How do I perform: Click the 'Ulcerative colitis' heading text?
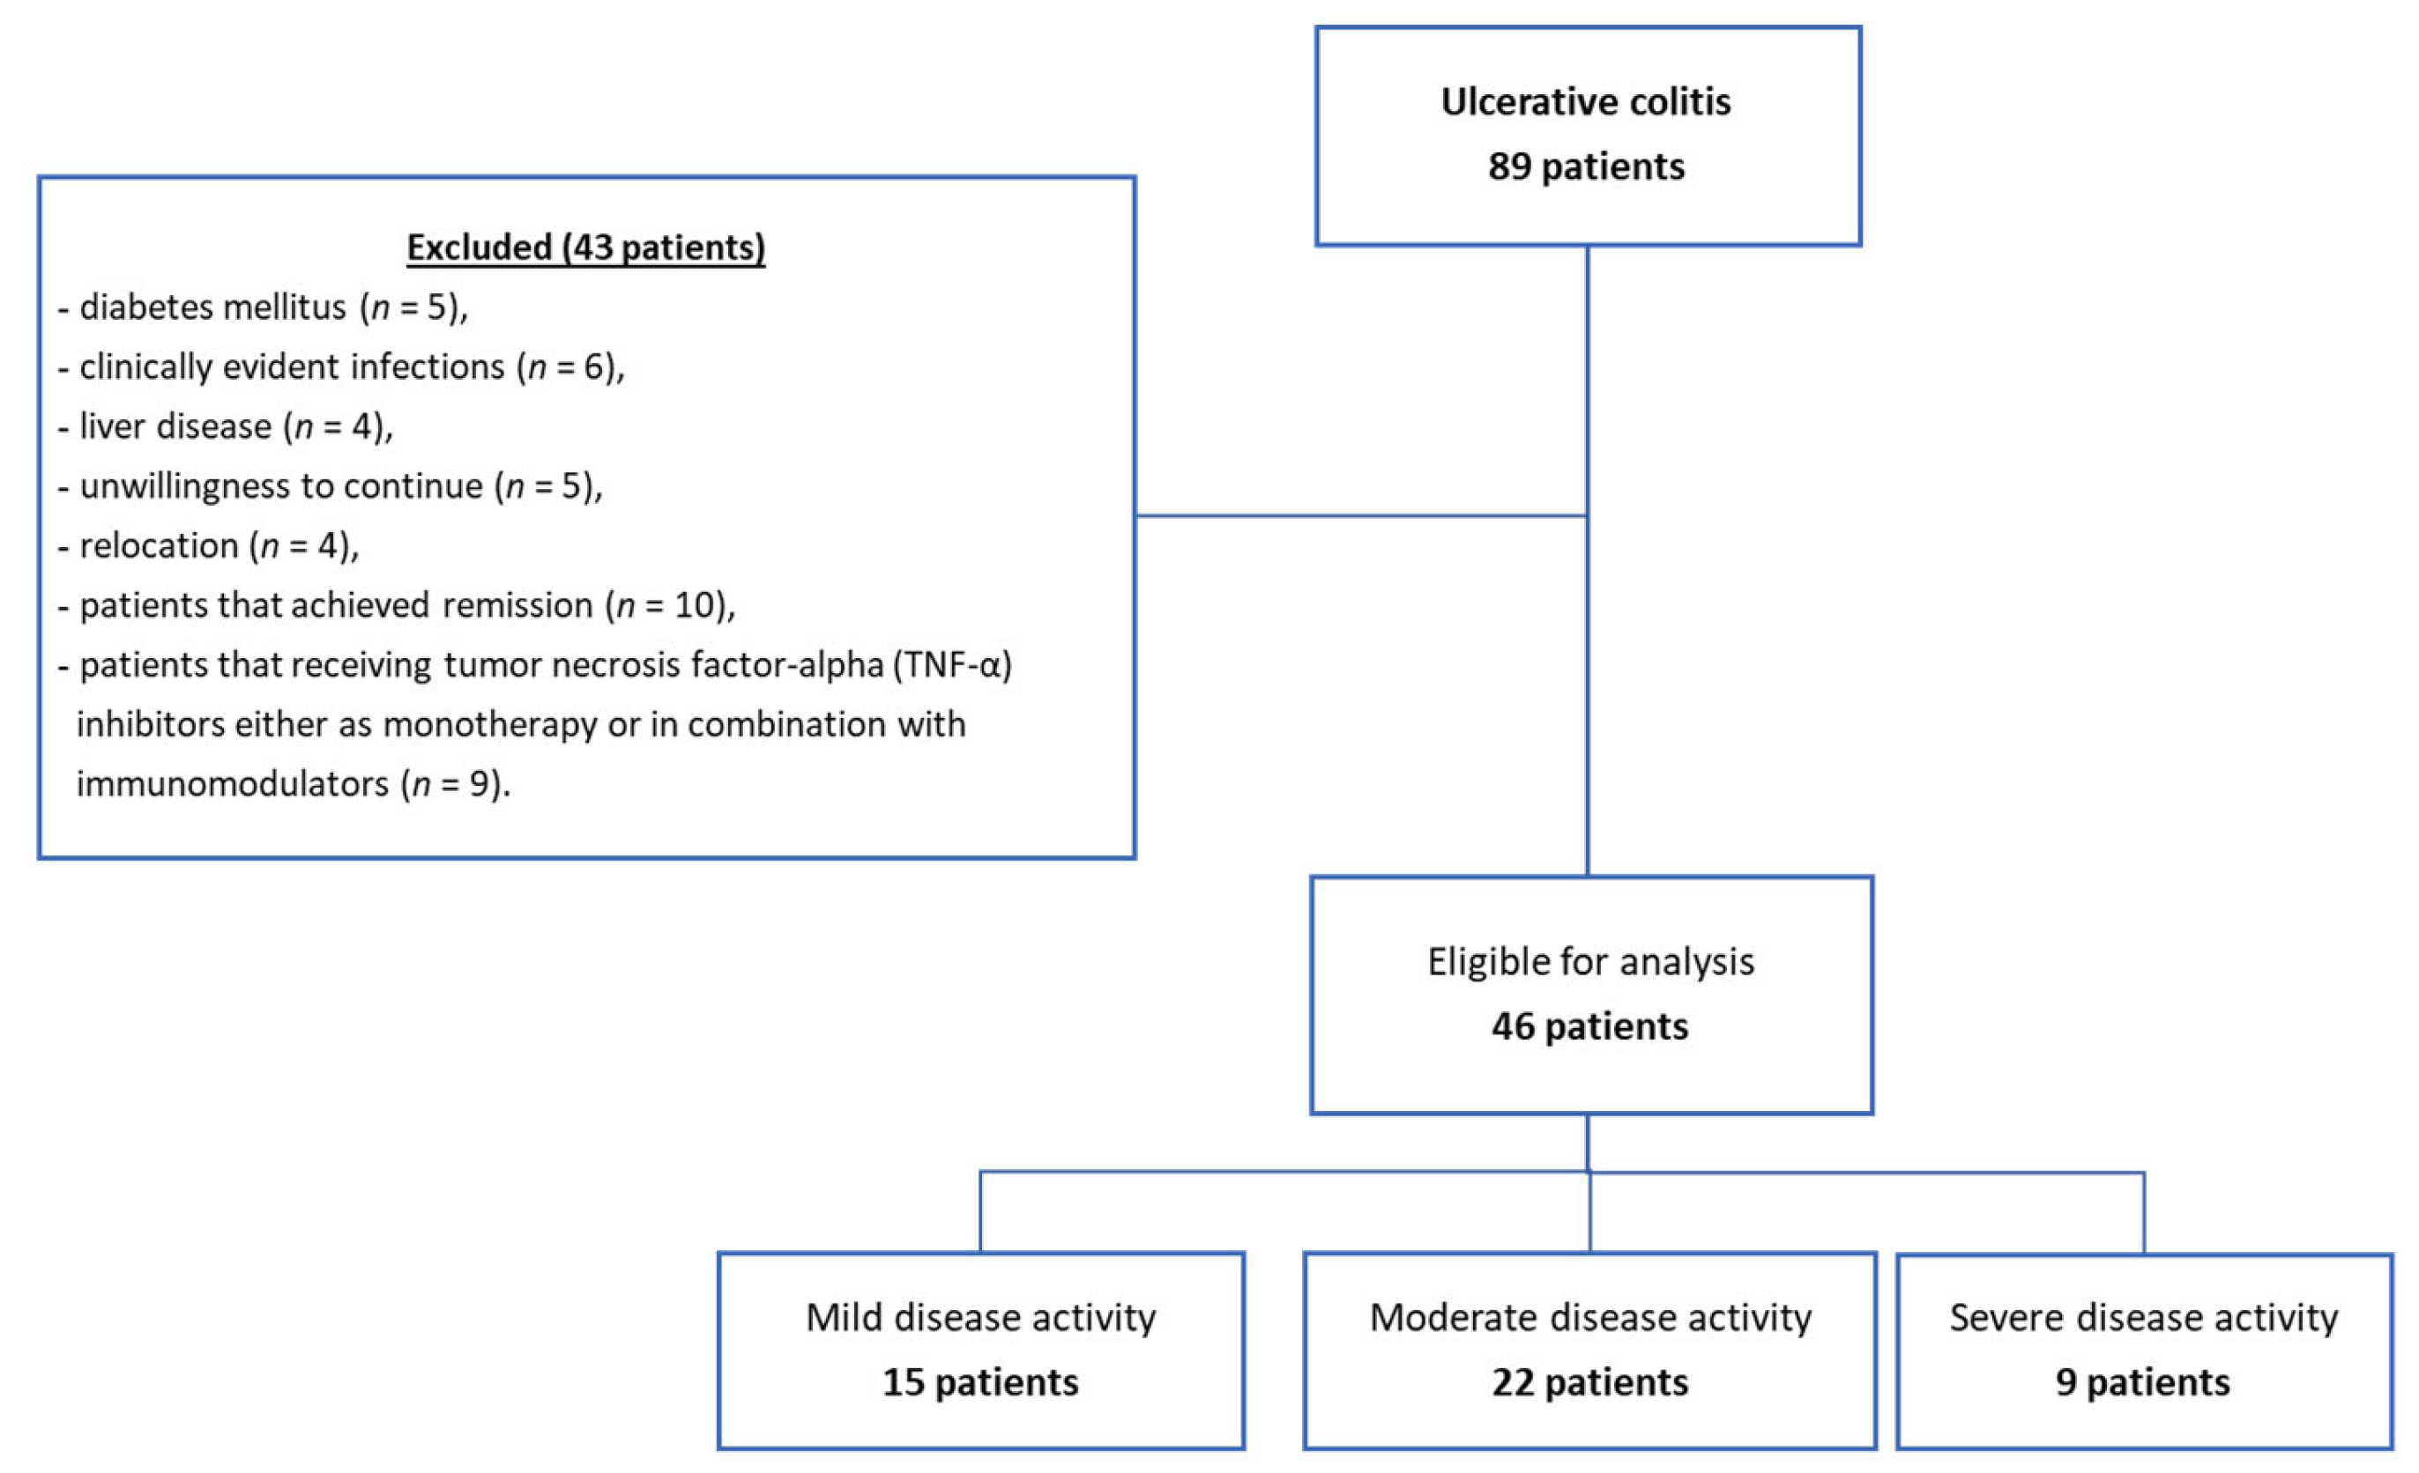click(1586, 102)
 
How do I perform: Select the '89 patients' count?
click(1586, 167)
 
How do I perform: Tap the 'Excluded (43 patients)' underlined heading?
click(586, 248)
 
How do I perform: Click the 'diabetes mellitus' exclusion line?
click(263, 307)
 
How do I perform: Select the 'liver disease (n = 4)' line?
click(226, 427)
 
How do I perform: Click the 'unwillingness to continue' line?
click(331, 485)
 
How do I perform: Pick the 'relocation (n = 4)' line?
click(209, 545)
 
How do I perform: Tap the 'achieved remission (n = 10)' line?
click(398, 605)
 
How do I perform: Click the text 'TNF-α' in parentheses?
click(951, 665)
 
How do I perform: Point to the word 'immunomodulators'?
click(233, 784)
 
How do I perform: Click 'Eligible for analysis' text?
click(1590, 962)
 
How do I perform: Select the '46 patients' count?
click(1589, 1026)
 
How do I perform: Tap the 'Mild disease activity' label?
click(981, 1317)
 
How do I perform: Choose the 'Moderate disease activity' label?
click(1590, 1317)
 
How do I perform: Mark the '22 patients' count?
click(1589, 1383)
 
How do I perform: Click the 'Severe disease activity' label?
click(2143, 1317)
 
